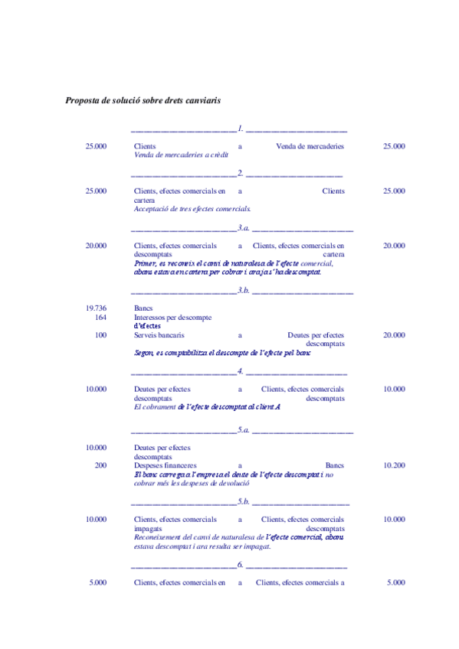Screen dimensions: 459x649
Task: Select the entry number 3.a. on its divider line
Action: pos(244,227)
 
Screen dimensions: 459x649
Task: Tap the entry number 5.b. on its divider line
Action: pos(244,501)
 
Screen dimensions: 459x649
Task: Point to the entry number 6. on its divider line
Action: pos(241,565)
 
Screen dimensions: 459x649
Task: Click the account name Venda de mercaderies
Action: pos(310,146)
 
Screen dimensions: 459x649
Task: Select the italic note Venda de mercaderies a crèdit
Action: pos(181,155)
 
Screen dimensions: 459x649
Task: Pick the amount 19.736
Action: pos(96,308)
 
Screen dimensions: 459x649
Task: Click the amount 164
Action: pos(100,317)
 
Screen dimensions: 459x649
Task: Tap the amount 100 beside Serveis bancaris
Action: pos(100,335)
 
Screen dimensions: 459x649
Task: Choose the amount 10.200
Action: pos(394,465)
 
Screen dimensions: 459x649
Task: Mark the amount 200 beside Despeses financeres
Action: pos(100,465)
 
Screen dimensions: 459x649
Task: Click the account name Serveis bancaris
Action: pos(159,335)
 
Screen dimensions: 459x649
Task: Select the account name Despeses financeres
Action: pos(165,465)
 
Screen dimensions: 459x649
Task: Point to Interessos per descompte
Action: pos(172,317)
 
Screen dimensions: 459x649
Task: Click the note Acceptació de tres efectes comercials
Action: pos(192,209)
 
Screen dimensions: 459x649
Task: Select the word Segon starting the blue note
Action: pos(143,354)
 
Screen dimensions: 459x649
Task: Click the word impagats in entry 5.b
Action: pos(147,528)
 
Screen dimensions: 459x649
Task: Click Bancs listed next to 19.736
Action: pos(143,308)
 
